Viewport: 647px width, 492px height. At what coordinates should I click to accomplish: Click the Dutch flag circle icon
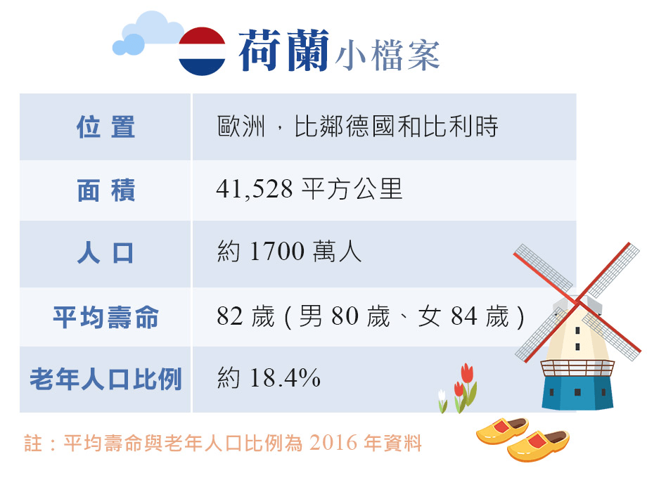202,51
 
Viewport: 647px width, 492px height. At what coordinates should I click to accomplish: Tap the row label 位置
105,127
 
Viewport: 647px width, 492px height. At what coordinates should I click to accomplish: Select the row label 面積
105,190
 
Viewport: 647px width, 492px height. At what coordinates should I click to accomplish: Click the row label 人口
105,253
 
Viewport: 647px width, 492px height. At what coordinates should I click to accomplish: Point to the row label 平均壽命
105,317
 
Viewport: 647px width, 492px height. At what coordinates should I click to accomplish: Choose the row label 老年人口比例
105,379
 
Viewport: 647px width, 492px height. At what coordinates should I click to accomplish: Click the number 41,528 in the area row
255,189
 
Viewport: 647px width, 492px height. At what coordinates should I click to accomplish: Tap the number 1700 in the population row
277,251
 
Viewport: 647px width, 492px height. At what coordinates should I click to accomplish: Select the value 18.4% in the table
286,377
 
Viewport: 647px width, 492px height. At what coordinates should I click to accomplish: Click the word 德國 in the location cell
370,127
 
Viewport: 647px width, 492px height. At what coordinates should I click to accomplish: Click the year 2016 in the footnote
333,444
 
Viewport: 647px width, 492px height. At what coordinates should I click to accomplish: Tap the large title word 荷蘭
284,51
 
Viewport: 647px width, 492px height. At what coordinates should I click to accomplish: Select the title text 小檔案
387,56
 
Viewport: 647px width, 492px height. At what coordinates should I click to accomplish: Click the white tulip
442,401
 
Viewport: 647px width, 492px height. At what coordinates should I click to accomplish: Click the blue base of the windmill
577,392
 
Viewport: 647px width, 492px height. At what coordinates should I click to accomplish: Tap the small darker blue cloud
129,44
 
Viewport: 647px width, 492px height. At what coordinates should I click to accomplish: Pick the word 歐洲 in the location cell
241,127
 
